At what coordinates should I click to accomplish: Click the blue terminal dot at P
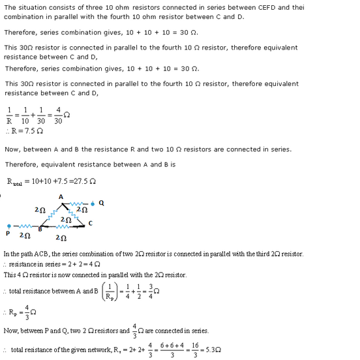pyautogui.click(x=8, y=226)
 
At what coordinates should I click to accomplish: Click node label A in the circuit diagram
pyautogui.click(x=61, y=196)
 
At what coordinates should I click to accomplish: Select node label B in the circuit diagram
pyautogui.click(x=40, y=229)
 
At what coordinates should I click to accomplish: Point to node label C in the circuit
pyautogui.click(x=90, y=224)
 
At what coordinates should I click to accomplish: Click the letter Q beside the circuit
pyautogui.click(x=101, y=203)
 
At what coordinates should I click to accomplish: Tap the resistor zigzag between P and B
pyautogui.click(x=24, y=226)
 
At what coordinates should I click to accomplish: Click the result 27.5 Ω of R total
pyautogui.click(x=87, y=182)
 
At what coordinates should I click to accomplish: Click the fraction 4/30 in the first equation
pyautogui.click(x=59, y=115)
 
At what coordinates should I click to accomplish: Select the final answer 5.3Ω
pyautogui.click(x=211, y=350)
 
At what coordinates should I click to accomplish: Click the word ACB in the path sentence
pyautogui.click(x=37, y=253)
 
